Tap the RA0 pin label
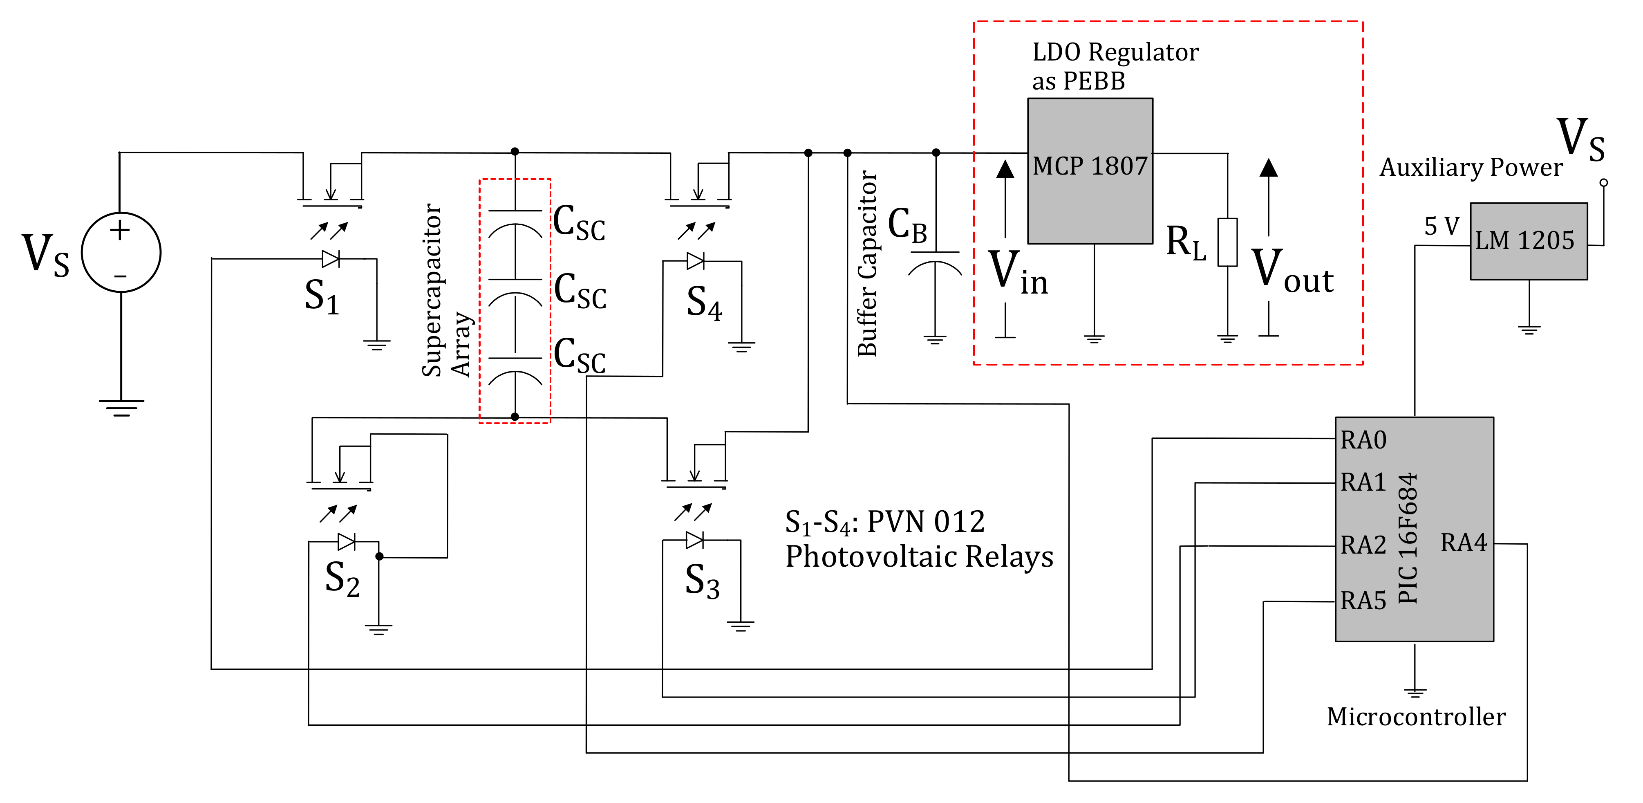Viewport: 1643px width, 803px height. pyautogui.click(x=1363, y=440)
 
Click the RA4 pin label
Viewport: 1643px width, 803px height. pyautogui.click(x=1463, y=543)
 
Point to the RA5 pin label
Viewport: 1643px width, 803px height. pyautogui.click(x=1363, y=601)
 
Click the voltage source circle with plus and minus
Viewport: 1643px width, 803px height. pyautogui.click(x=121, y=253)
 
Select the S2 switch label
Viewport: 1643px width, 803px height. pyautogui.click(x=342, y=579)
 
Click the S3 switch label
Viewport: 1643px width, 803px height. pyautogui.click(x=702, y=581)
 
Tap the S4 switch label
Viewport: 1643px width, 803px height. pyautogui.click(x=703, y=302)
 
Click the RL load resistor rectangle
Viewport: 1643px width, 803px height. pyautogui.click(x=1227, y=242)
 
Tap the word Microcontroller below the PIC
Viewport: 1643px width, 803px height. pyautogui.click(x=1416, y=717)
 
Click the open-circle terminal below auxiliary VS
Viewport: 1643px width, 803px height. pyautogui.click(x=1603, y=182)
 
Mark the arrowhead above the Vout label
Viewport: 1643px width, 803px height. pyautogui.click(x=1269, y=168)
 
